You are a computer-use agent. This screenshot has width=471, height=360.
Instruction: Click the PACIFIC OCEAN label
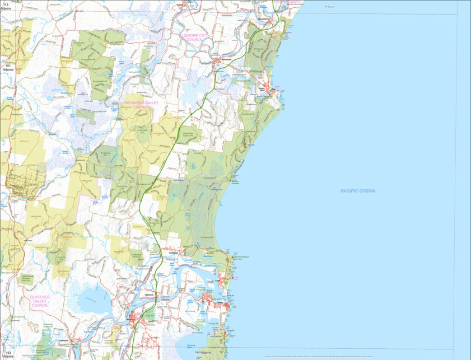click(x=357, y=191)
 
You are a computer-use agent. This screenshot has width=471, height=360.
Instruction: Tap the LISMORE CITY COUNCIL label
click(x=194, y=37)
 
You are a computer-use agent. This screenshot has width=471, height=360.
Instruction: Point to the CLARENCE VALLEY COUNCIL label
click(x=40, y=301)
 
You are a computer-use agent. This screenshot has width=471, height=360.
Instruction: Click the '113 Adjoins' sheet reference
click(x=6, y=6)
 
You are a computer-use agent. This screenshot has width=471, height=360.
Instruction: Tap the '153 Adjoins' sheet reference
click(x=7, y=354)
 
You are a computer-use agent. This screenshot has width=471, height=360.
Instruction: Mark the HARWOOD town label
click(x=149, y=294)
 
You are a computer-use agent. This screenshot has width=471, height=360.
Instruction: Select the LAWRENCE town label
click(x=63, y=339)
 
